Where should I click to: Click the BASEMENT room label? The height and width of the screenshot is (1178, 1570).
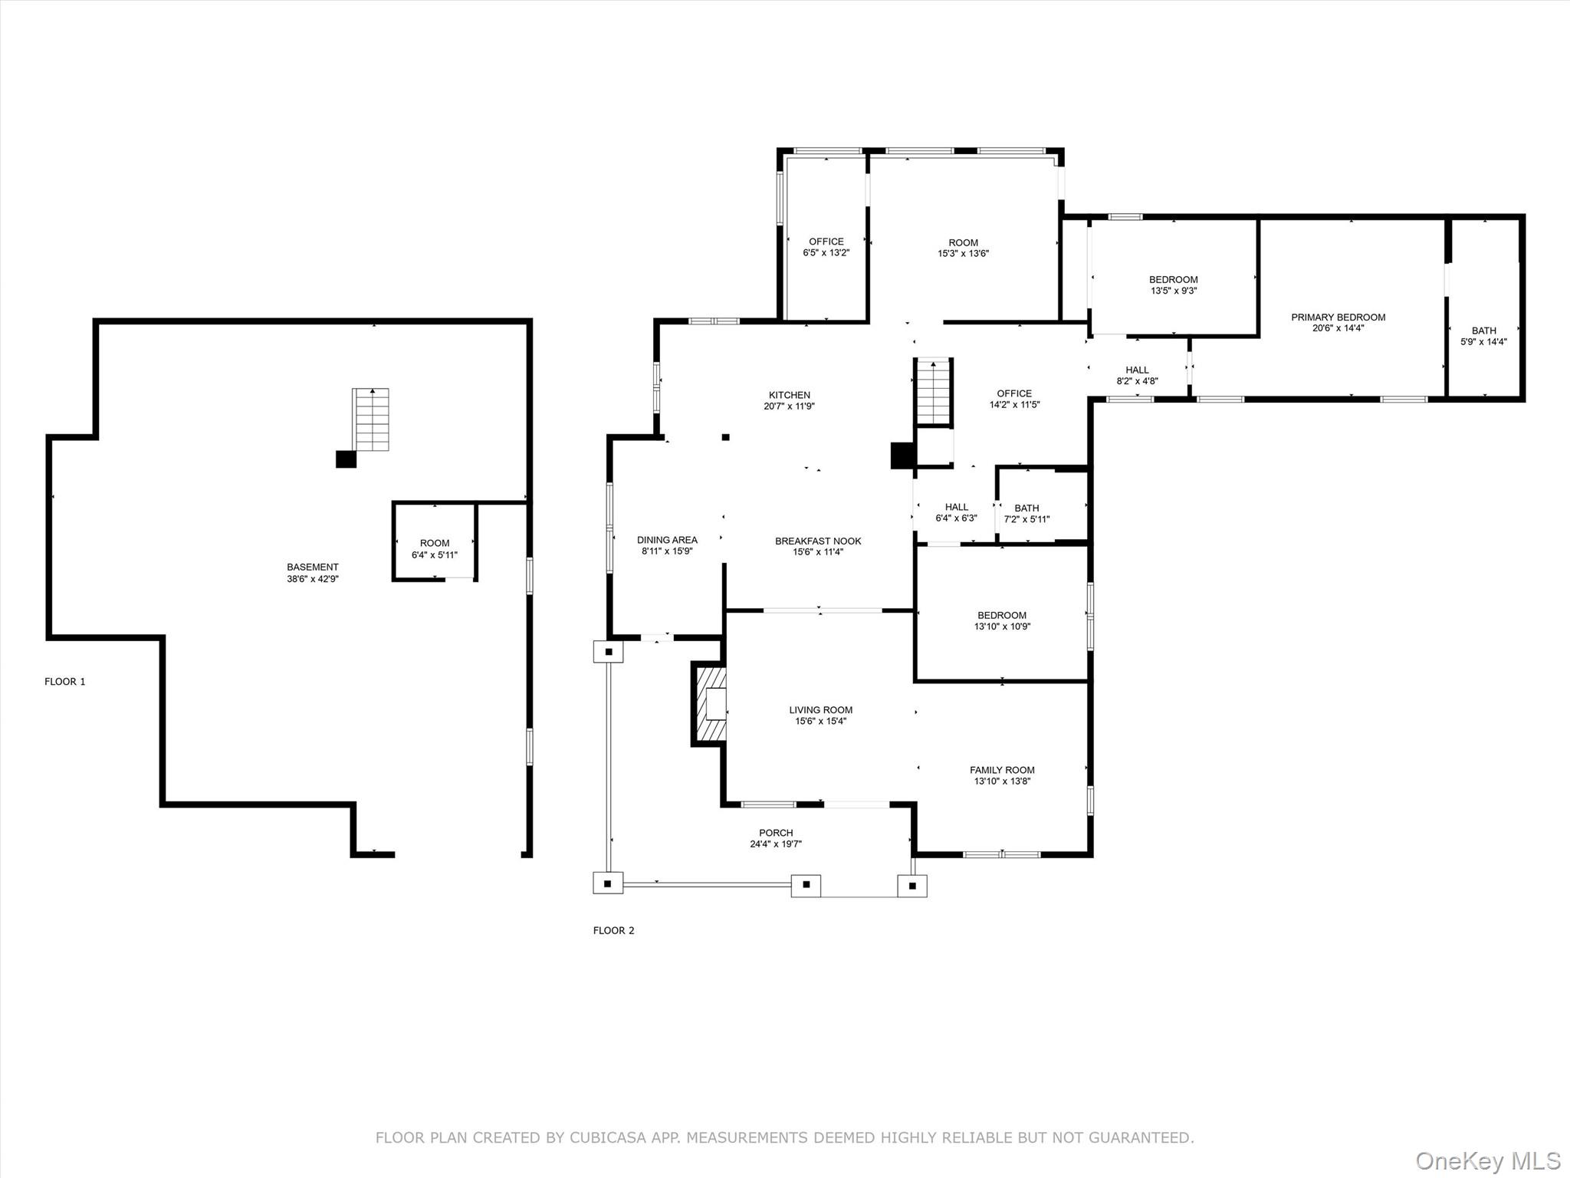[x=312, y=568]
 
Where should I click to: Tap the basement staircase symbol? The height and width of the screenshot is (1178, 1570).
[x=371, y=420]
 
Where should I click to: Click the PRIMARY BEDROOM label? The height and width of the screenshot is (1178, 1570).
[x=1338, y=318]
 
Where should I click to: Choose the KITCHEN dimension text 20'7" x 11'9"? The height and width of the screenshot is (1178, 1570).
[x=789, y=406]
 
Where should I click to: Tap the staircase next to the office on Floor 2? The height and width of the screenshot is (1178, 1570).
[x=934, y=392]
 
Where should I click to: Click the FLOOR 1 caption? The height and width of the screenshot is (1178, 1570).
[x=65, y=682]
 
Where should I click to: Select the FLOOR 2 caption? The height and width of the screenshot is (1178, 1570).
[x=613, y=930]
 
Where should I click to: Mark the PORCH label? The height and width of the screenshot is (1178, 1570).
[x=776, y=833]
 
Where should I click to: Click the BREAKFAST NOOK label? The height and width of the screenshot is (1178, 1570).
[x=818, y=541]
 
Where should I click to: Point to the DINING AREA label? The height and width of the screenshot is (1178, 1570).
[x=667, y=540]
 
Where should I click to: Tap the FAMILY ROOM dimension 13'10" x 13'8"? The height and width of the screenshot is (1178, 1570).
[x=1002, y=781]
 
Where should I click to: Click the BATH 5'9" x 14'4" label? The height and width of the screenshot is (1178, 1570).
[x=1483, y=336]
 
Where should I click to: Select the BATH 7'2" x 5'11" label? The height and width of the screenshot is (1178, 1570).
[x=1026, y=513]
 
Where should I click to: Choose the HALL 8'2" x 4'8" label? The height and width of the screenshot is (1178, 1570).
[x=1137, y=375]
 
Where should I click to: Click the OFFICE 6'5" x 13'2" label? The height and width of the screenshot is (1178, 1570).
[x=826, y=247]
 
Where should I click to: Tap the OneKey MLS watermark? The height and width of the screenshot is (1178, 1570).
[x=1488, y=1160]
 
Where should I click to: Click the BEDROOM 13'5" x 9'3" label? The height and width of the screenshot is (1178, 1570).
[x=1173, y=285]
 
